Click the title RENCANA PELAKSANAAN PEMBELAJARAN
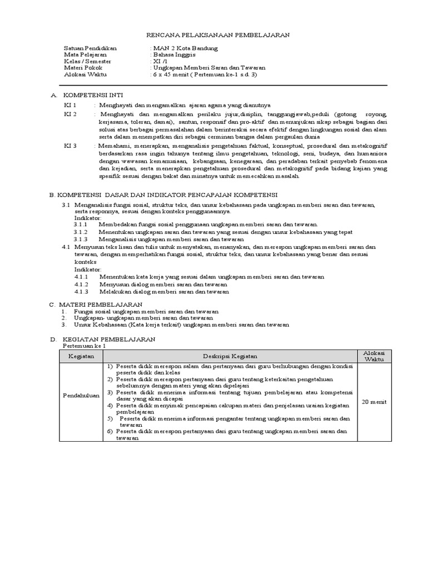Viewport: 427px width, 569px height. click(x=213, y=34)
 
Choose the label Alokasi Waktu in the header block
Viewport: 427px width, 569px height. click(x=85, y=74)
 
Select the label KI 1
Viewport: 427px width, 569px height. click(x=71, y=104)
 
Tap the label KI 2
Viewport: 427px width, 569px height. click(x=71, y=114)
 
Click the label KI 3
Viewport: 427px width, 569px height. click(x=71, y=145)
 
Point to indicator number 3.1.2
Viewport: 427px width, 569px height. click(x=81, y=232)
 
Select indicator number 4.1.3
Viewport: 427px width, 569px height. click(x=81, y=291)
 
